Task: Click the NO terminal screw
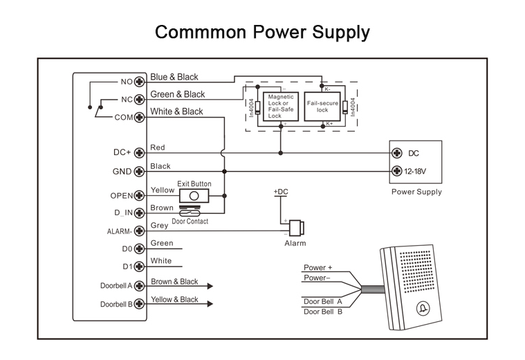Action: (x=139, y=82)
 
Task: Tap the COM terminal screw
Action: (x=139, y=117)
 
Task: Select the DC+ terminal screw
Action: (x=139, y=152)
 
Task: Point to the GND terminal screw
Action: (x=139, y=171)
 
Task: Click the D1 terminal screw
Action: (x=139, y=267)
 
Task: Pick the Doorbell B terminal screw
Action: (x=139, y=304)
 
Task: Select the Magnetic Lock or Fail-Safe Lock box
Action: (x=281, y=107)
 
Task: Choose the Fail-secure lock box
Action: (x=322, y=107)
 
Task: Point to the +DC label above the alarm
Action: (x=282, y=190)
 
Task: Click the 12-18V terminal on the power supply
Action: (x=397, y=171)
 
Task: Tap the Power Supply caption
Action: (x=416, y=192)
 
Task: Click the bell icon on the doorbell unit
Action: (x=421, y=309)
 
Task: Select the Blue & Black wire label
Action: (x=174, y=78)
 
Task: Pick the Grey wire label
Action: (x=159, y=225)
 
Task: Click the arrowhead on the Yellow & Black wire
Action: (x=209, y=304)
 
